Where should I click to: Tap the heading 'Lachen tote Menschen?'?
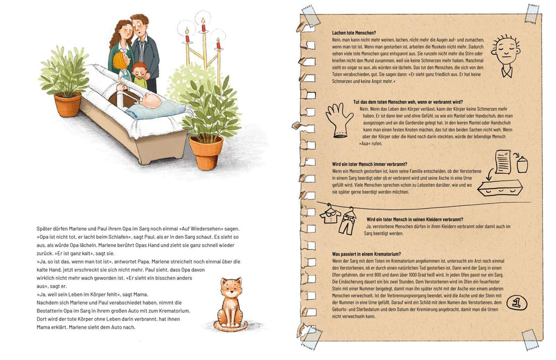coord(354,33)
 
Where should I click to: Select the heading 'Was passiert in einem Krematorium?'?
coord(367,254)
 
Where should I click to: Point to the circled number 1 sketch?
coord(517,303)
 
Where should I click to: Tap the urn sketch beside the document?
coord(522,165)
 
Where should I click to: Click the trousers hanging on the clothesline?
coord(347,222)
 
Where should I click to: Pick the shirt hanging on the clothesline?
coord(330,214)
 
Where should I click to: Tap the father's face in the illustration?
coord(140,28)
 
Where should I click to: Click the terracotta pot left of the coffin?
coord(67,105)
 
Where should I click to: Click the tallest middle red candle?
coord(203,26)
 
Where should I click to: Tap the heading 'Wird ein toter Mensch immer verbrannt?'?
coord(369,164)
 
